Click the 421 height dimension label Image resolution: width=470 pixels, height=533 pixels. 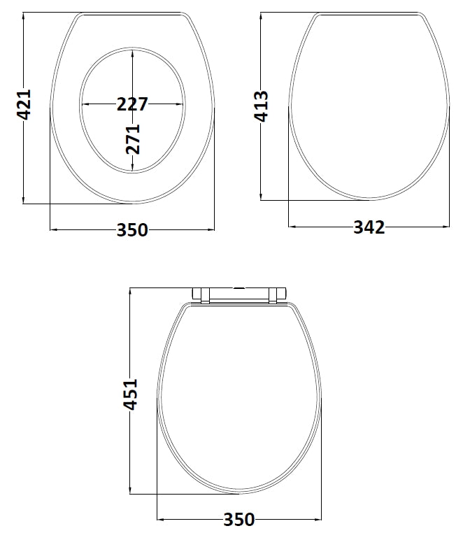tap(24, 105)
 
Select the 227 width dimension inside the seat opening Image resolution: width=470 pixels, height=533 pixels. tap(132, 104)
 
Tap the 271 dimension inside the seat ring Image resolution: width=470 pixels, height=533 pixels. tap(133, 138)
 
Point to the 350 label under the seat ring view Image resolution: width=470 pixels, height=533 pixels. tap(132, 229)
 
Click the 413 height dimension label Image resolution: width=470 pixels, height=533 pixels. tap(261, 105)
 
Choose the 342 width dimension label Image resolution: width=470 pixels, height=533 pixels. tap(369, 227)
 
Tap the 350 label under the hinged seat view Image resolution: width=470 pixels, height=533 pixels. tap(239, 520)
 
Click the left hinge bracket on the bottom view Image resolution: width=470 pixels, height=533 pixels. tap(200, 294)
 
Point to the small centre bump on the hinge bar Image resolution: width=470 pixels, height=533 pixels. tap(240, 287)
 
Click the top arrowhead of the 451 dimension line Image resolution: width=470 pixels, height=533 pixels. tap(131, 292)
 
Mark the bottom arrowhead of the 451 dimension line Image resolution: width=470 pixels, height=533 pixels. tap(131, 490)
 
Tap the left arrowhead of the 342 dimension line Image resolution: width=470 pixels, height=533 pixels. tap(293, 227)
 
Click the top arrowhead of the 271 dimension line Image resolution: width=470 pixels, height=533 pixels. tap(133, 52)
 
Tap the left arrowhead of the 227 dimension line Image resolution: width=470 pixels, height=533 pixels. tap(85, 104)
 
